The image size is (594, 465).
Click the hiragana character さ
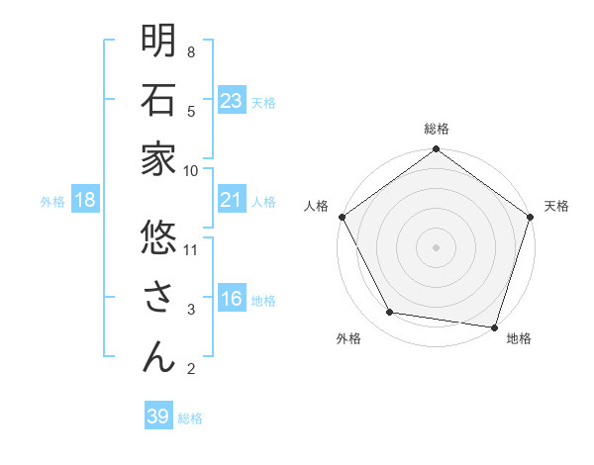[x=158, y=297]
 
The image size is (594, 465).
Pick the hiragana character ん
[x=158, y=356]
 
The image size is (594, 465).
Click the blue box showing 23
[x=232, y=100]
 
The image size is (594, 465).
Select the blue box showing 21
[x=232, y=201]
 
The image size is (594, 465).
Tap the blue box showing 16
[x=232, y=300]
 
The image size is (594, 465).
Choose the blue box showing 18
[x=85, y=201]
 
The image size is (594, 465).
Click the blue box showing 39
[x=158, y=417]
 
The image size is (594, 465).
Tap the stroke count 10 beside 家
[x=192, y=170]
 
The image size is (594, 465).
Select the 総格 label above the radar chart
[x=436, y=129]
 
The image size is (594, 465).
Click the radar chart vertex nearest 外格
[x=390, y=313]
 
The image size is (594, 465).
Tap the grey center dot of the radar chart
[x=436, y=247]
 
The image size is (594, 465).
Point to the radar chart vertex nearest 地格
[x=494, y=326]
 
